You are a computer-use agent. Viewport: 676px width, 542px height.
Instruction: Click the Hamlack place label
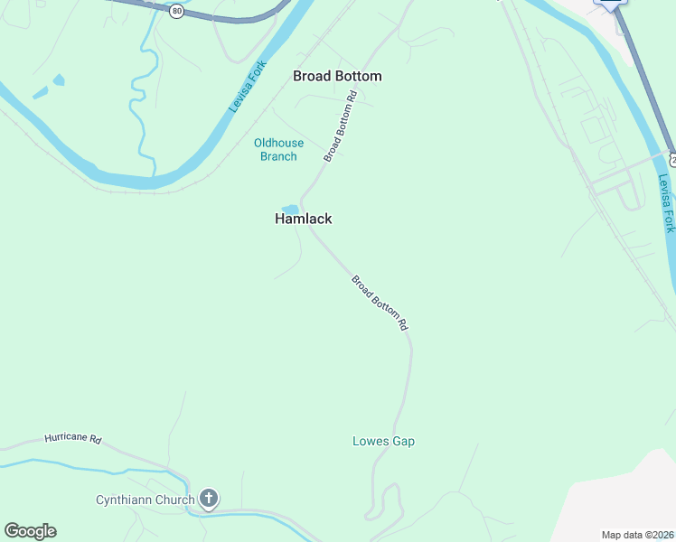coord(304,219)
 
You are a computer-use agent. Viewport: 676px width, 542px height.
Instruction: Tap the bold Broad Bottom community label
coord(337,77)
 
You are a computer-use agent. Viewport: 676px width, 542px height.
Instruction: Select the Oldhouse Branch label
coord(278,150)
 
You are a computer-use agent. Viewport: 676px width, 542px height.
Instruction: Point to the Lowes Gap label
coord(383,442)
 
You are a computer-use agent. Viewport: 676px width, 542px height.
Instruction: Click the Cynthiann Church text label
coord(146,500)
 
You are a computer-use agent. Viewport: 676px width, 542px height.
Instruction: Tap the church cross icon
coord(209,499)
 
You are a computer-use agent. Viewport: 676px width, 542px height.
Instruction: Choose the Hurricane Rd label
coord(73,439)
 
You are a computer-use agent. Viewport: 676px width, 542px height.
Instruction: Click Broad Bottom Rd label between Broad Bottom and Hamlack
coord(341,126)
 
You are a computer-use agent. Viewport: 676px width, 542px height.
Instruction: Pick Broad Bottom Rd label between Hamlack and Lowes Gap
coord(380,303)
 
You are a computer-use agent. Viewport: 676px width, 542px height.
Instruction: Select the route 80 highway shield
coord(176,11)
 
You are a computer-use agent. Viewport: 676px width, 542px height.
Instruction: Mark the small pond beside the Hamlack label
coord(290,210)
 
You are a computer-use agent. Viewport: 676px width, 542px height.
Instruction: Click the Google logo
coord(30,531)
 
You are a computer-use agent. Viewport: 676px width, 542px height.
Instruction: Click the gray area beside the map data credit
coord(615,497)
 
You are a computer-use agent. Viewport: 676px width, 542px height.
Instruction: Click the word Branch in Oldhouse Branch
coord(278,156)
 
